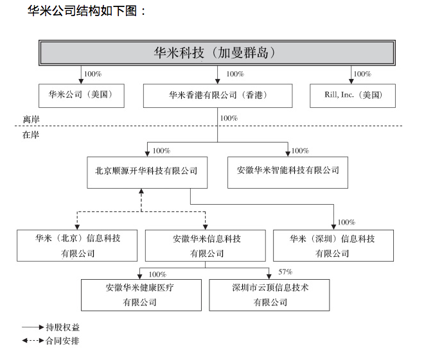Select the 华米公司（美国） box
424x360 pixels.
[80, 95]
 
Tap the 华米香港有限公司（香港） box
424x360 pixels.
[217, 95]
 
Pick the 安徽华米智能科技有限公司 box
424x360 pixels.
[288, 171]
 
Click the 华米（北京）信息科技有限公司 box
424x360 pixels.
[78, 245]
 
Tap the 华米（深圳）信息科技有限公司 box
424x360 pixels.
[332, 245]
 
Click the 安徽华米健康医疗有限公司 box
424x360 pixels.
[140, 295]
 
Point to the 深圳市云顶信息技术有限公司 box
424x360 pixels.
[270, 295]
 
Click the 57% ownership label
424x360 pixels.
[285, 272]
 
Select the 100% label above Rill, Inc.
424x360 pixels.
[362, 74]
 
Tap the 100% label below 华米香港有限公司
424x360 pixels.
[229, 118]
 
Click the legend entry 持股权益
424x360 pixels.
[62, 327]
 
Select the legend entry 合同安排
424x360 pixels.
[62, 341]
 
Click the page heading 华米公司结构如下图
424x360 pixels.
[87, 11]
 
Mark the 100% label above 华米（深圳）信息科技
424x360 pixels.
[346, 222]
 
